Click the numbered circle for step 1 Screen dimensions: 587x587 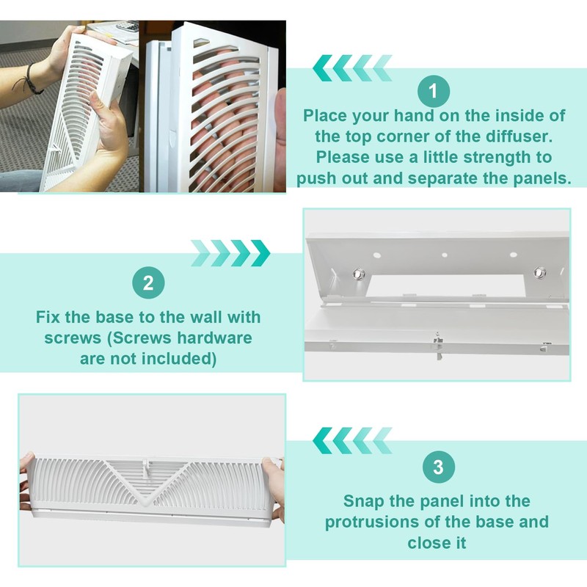click(434, 92)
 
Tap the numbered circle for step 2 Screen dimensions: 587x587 click(148, 284)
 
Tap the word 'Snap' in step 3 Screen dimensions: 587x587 click(366, 501)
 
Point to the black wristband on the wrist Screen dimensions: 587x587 click(33, 79)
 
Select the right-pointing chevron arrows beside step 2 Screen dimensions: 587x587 click(230, 253)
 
